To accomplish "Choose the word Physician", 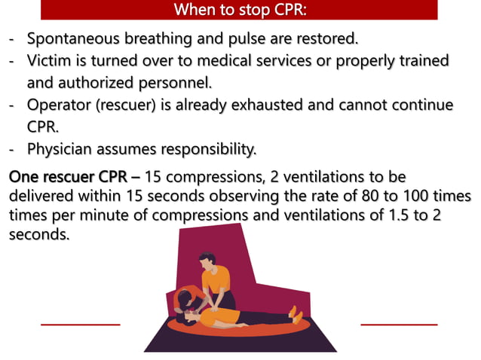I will click(x=64, y=149).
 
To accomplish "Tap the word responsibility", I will click(x=199, y=149).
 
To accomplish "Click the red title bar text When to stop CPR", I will click(x=239, y=10).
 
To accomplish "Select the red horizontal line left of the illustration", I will click(x=80, y=325).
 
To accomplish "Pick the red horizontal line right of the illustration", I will click(x=399, y=325).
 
